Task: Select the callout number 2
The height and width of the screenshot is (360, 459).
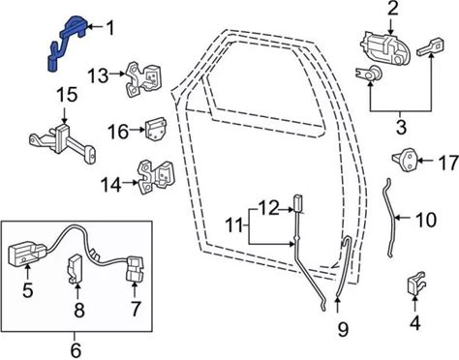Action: [392, 9]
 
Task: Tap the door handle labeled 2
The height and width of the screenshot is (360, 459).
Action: [384, 47]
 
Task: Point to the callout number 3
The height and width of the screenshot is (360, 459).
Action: [401, 127]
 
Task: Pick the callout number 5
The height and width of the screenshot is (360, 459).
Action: [28, 290]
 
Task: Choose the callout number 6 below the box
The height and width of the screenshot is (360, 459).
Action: [76, 350]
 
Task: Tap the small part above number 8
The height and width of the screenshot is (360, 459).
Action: [75, 267]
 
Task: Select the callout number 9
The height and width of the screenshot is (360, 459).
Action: [343, 329]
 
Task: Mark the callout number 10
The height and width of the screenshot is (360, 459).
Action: [426, 220]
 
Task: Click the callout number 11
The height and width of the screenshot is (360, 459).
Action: [234, 225]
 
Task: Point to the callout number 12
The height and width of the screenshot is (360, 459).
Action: [268, 208]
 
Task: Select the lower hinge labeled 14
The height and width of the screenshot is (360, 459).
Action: [157, 177]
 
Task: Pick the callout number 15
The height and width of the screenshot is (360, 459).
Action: [68, 95]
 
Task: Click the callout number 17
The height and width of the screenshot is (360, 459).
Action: [448, 163]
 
